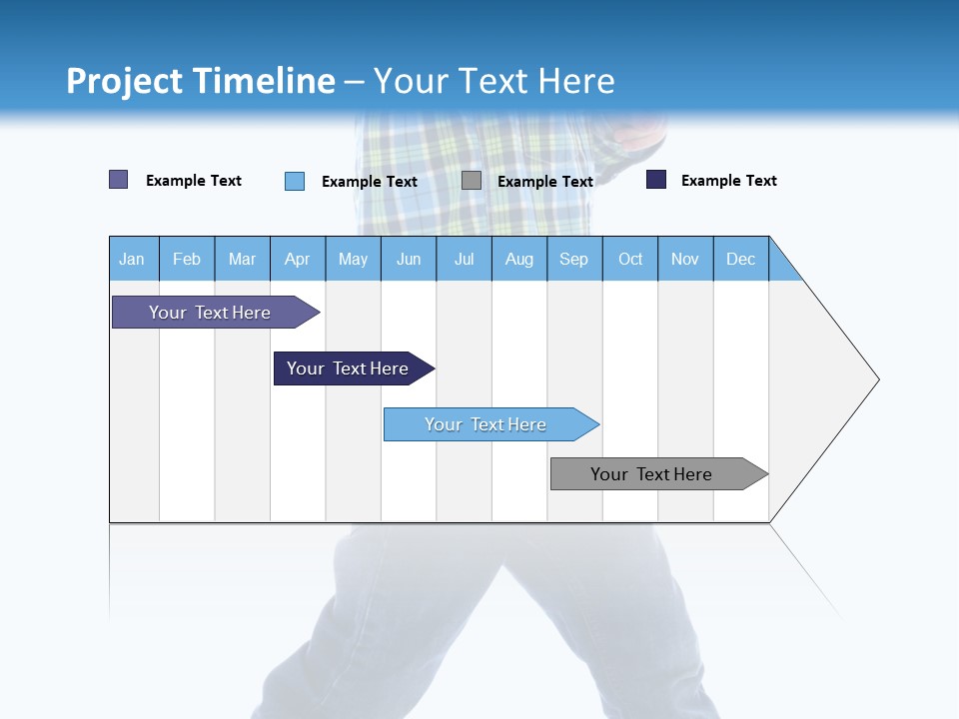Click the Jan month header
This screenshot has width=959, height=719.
(x=133, y=259)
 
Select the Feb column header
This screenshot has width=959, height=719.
(x=187, y=259)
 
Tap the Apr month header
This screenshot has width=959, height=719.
(x=298, y=259)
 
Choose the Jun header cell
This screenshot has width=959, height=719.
(x=409, y=259)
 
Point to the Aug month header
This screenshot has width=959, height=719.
(x=519, y=259)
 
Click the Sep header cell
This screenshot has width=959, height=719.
(x=574, y=259)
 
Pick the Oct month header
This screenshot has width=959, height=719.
(x=630, y=259)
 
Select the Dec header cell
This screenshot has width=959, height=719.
(x=741, y=259)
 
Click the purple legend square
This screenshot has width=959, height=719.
(x=119, y=180)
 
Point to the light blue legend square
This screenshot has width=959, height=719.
(x=295, y=181)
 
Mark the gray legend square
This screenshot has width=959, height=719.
(x=472, y=180)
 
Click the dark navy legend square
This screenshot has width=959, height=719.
(x=656, y=180)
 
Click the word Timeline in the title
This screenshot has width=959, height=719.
(x=264, y=81)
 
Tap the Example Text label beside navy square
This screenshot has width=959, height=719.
(x=728, y=181)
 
